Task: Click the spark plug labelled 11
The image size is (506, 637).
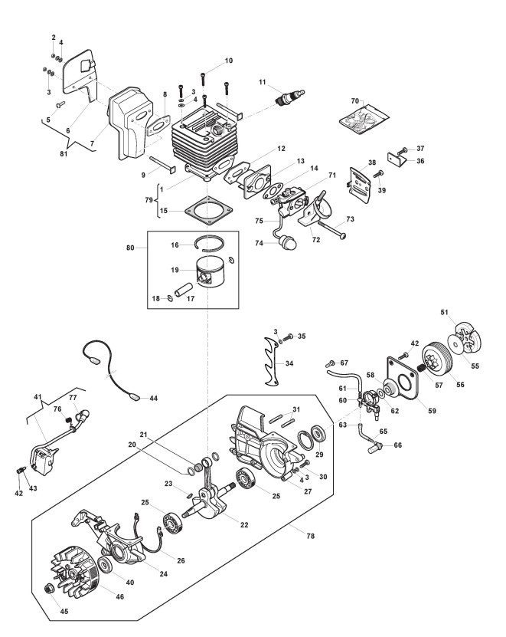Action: click(289, 97)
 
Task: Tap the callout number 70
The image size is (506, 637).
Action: click(355, 100)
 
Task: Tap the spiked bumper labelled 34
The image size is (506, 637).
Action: click(271, 361)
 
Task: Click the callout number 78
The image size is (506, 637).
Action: click(311, 537)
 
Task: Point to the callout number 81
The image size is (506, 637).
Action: click(64, 153)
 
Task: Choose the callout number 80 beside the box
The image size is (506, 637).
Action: click(130, 248)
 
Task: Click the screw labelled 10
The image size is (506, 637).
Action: click(203, 79)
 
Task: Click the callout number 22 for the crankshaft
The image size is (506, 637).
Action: click(244, 525)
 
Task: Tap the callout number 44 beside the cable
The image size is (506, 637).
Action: click(153, 399)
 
